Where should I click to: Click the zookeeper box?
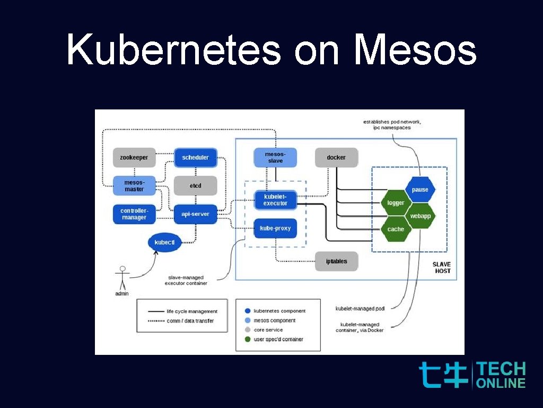134,158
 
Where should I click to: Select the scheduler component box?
196,158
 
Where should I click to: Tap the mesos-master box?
134,186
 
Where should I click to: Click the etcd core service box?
196,186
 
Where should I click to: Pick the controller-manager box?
134,214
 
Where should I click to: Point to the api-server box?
196,214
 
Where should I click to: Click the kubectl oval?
165,242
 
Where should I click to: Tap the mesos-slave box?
275,158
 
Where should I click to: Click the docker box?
336,158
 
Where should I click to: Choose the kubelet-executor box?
275,200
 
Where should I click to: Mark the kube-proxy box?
275,228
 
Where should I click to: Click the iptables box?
336,261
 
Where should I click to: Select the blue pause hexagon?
420,190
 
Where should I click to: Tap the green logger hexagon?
396,203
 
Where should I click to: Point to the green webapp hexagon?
420,216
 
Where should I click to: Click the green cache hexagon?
396,229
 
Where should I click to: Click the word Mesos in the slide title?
415,50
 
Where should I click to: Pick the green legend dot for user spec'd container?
248,339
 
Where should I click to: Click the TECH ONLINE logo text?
501,375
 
